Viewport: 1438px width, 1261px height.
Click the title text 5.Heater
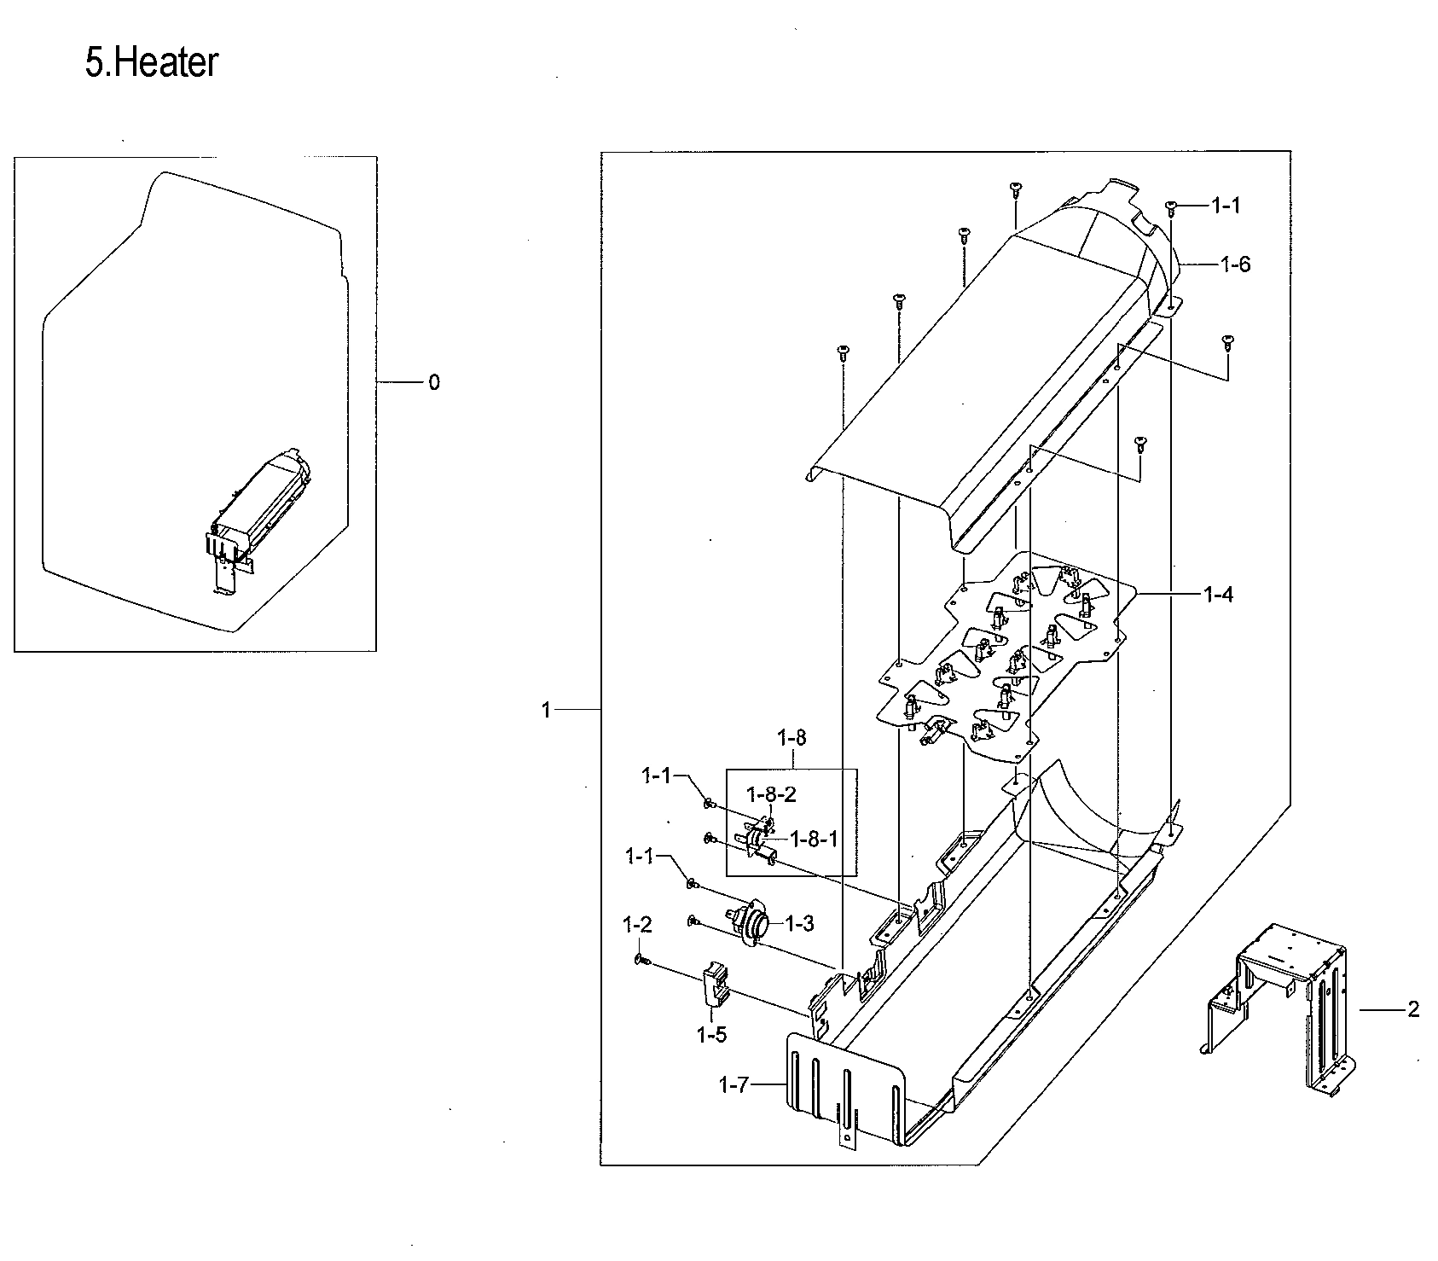coord(151,63)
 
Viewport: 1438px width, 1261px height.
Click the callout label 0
coord(434,383)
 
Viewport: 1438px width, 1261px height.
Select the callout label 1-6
coord(1234,264)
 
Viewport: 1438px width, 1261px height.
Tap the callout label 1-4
coord(1217,595)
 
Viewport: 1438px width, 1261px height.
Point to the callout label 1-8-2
coord(771,794)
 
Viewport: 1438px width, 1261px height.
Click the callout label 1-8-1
coord(814,839)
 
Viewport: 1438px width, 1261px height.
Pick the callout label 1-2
coord(637,924)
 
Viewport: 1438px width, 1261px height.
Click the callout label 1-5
coord(711,1035)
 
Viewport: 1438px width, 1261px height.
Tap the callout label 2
coord(1413,1010)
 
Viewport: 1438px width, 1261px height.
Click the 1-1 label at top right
coord(1225,205)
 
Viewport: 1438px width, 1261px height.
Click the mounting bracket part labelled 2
coord(1279,1007)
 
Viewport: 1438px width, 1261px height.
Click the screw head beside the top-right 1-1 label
coord(1171,206)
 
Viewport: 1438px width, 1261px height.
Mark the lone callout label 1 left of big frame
coord(546,710)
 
